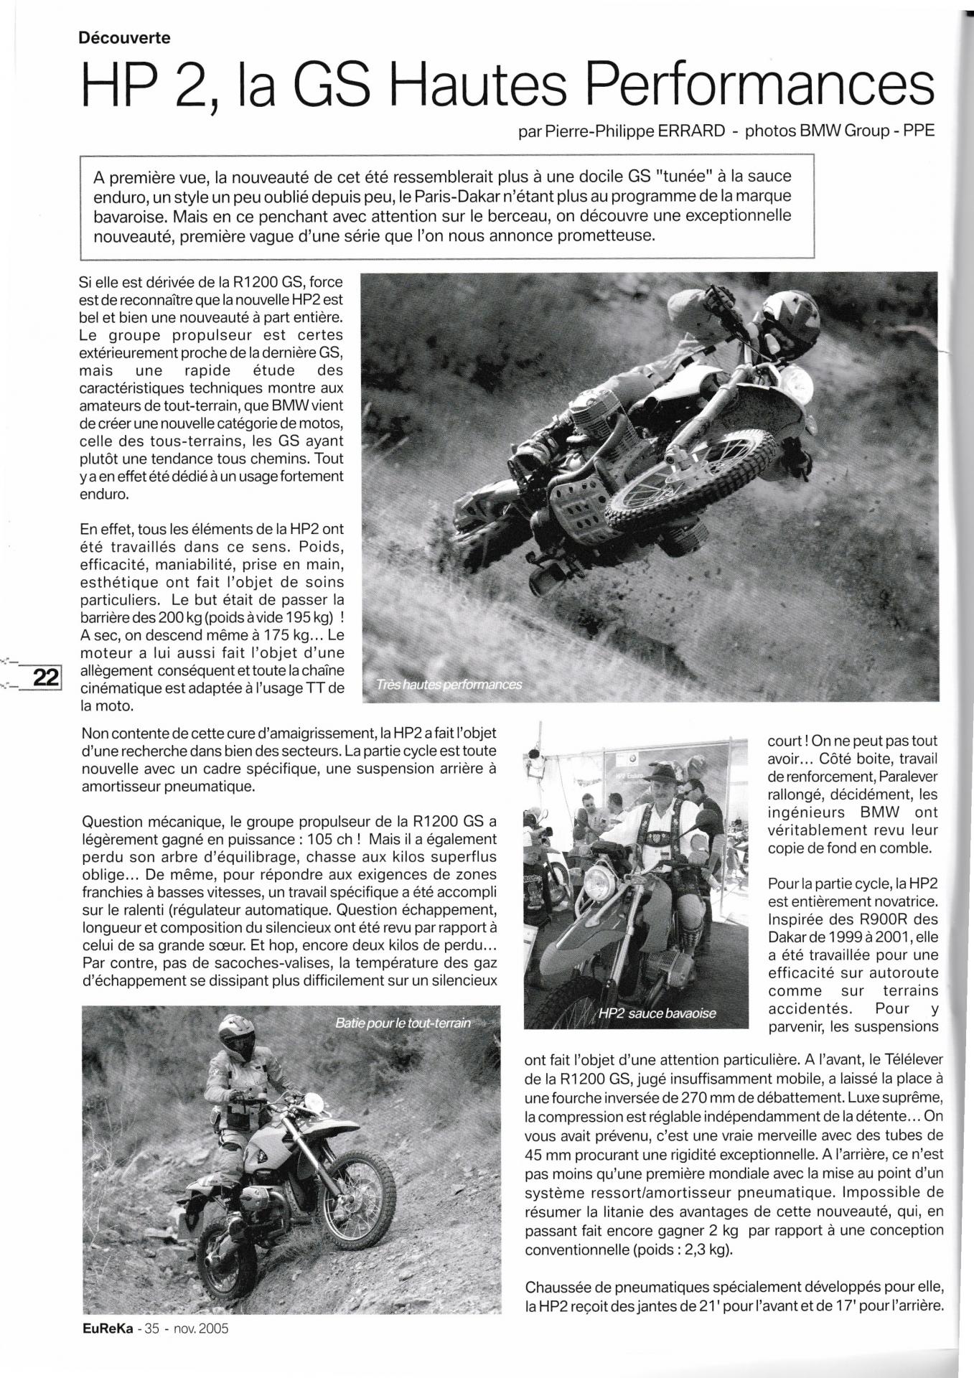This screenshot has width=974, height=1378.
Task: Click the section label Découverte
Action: point(125,38)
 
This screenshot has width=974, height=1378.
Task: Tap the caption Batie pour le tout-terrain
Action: point(403,1023)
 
